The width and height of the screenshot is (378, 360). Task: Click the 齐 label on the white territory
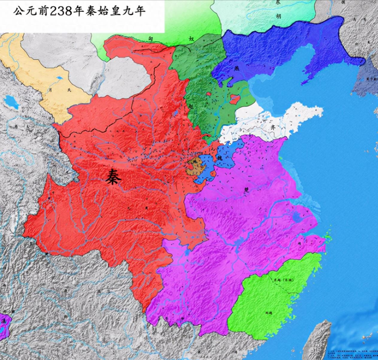click(272, 127)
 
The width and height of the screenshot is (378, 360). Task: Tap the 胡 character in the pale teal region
click(278, 16)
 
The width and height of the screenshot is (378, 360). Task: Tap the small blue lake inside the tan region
click(59, 78)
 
